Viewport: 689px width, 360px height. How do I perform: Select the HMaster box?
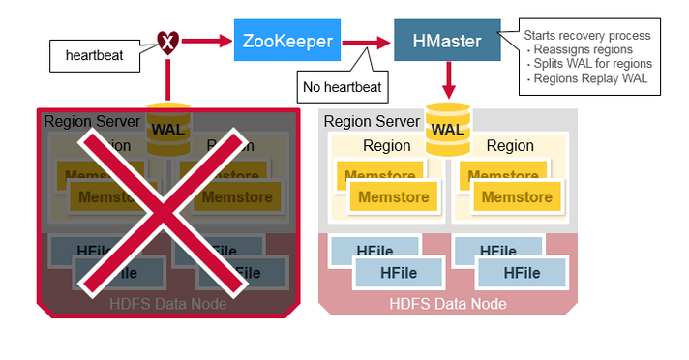[446, 42]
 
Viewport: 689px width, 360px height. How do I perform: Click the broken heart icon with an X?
[167, 41]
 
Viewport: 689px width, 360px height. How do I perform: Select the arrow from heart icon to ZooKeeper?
[206, 41]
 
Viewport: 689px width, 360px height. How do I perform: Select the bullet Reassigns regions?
[584, 49]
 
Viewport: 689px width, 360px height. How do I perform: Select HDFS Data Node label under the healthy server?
[447, 303]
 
